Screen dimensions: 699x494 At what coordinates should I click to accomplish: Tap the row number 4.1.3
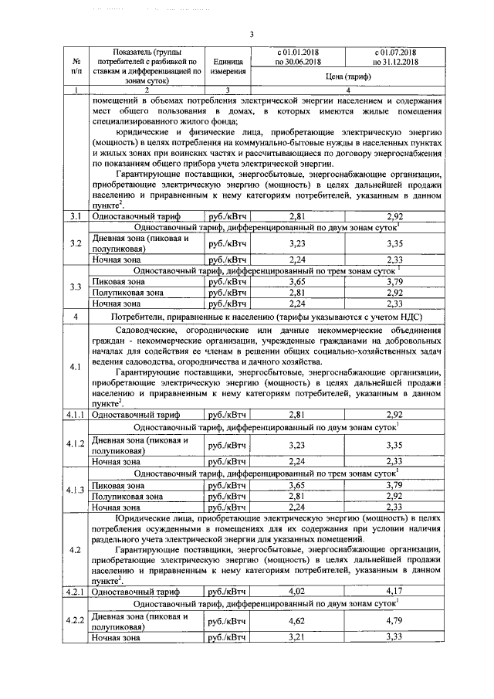pos(76,490)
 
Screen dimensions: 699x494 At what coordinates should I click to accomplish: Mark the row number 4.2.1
pos(76,592)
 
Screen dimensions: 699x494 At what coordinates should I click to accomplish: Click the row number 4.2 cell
pos(76,549)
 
